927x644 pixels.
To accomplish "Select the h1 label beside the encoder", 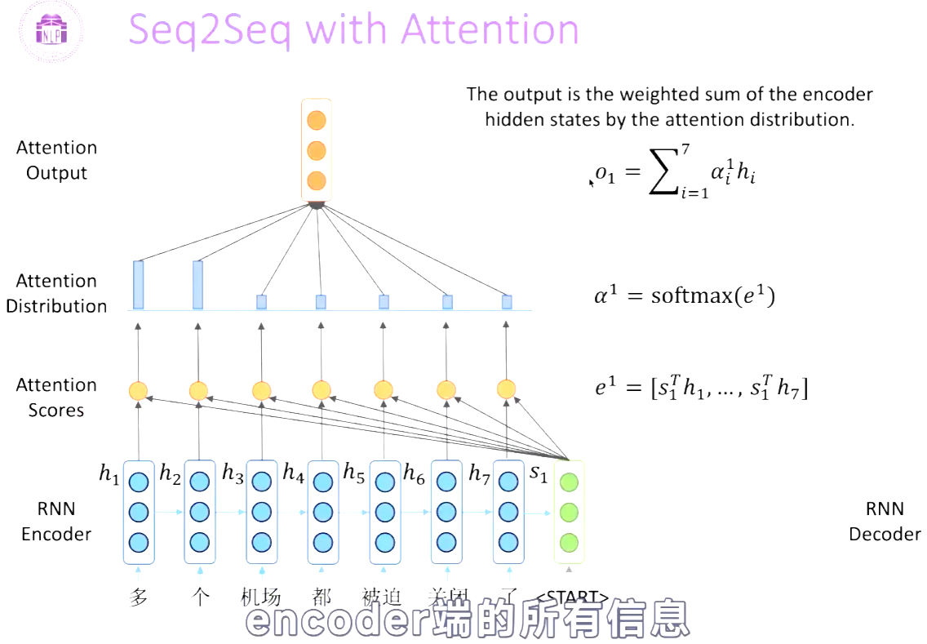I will coord(109,473).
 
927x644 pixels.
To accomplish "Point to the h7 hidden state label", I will coord(479,473).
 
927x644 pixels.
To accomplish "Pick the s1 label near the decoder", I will coord(539,473).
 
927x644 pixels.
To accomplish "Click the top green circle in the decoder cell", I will coord(569,482).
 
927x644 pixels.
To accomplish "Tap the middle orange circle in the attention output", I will coord(317,151).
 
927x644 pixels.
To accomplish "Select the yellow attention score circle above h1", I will coord(138,390).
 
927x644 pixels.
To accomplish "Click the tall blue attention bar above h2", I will coord(197,285).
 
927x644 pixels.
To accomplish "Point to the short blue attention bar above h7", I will coord(507,301).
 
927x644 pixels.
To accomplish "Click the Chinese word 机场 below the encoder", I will coord(260,597).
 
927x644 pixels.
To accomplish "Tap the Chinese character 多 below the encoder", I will coord(139,597).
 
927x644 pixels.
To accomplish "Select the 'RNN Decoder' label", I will coord(885,522).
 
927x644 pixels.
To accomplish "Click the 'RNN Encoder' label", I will coord(56,522).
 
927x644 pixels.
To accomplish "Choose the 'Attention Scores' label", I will coord(56,398).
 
